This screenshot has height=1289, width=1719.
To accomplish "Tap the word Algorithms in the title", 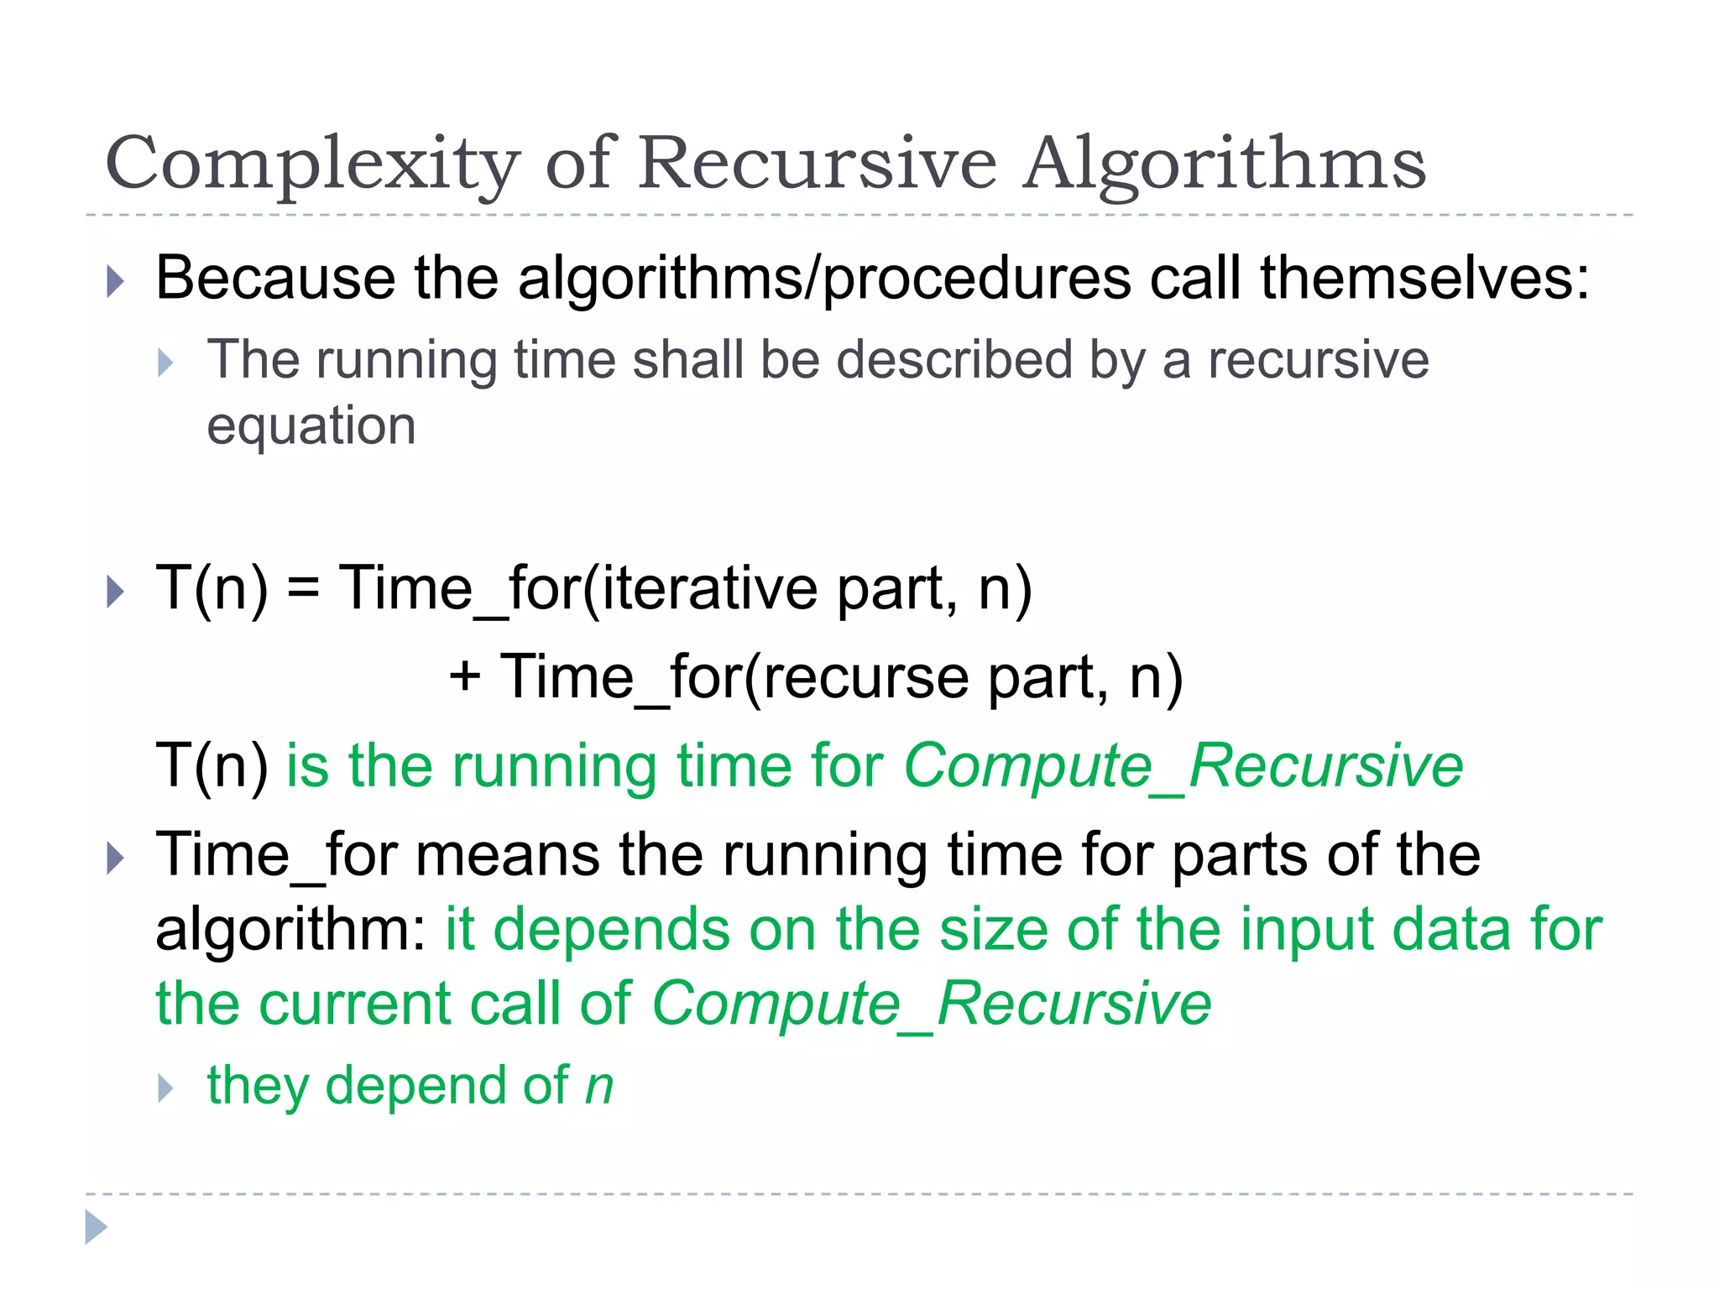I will coord(1225,164).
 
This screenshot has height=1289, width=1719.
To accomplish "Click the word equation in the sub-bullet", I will coord(311,427).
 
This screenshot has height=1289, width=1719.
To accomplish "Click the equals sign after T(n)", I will coord(303,589).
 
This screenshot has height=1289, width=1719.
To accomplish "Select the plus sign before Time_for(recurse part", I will coord(464,676).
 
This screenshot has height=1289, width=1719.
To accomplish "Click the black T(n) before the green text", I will coord(212,765).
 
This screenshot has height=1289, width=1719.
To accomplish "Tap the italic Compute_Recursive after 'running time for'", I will coord(1183,765).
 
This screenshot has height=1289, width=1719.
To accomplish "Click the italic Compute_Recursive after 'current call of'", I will coord(932,1004).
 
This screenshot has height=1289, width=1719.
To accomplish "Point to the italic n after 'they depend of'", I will coord(599,1086).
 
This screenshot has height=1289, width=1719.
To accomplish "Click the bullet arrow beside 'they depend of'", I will coord(165,1088).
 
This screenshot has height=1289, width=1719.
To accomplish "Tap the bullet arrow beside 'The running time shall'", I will coord(165,363).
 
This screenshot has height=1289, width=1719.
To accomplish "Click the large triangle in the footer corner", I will coord(96,1227).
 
